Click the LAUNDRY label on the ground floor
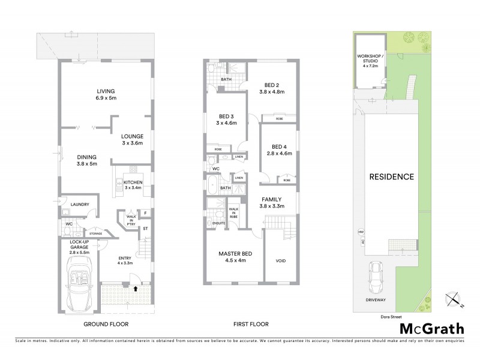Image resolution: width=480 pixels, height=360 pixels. click(80, 205)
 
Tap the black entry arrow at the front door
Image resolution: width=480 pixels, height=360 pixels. click(135, 288)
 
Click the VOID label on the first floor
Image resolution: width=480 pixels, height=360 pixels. click(280, 262)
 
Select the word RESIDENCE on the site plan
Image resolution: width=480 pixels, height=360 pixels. click(391, 177)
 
